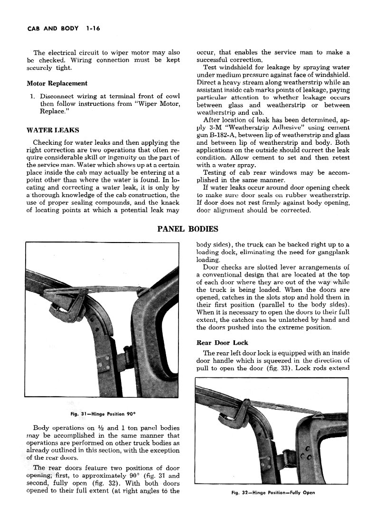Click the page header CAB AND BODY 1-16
[x=59, y=28]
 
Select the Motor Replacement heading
[x=57, y=84]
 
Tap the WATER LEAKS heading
[x=53, y=130]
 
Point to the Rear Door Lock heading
[x=222, y=343]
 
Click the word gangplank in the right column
[x=331, y=253]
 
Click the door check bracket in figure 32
[x=244, y=407]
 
